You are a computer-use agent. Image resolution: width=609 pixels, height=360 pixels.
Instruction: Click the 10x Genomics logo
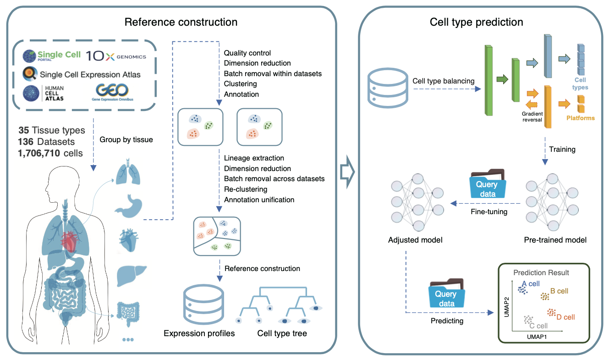116,56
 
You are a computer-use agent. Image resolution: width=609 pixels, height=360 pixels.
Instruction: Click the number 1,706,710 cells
50,153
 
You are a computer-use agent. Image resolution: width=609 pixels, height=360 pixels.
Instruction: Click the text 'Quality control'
247,53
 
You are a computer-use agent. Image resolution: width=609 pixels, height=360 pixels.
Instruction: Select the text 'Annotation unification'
259,199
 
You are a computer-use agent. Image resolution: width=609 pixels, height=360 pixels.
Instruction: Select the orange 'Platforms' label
580,118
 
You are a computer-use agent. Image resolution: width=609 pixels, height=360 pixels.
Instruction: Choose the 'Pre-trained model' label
555,240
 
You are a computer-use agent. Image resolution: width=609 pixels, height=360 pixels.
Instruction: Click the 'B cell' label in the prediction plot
559,291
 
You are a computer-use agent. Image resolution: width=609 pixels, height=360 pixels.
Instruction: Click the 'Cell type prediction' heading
476,22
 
